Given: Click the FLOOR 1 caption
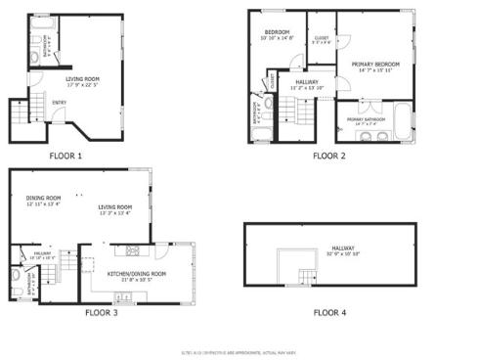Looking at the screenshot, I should (66, 156).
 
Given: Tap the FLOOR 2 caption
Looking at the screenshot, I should (328, 156).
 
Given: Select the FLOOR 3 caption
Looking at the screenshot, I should (101, 313).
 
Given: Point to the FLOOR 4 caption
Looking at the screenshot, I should (328, 313).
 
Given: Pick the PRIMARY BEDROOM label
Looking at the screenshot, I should (375, 65).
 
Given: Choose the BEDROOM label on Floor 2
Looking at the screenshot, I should (279, 33).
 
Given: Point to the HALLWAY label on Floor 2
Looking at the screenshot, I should (308, 82).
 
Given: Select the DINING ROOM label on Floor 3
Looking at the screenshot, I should (43, 200).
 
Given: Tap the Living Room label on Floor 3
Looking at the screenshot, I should (114, 206).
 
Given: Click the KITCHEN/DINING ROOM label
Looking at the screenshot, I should (136, 274).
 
